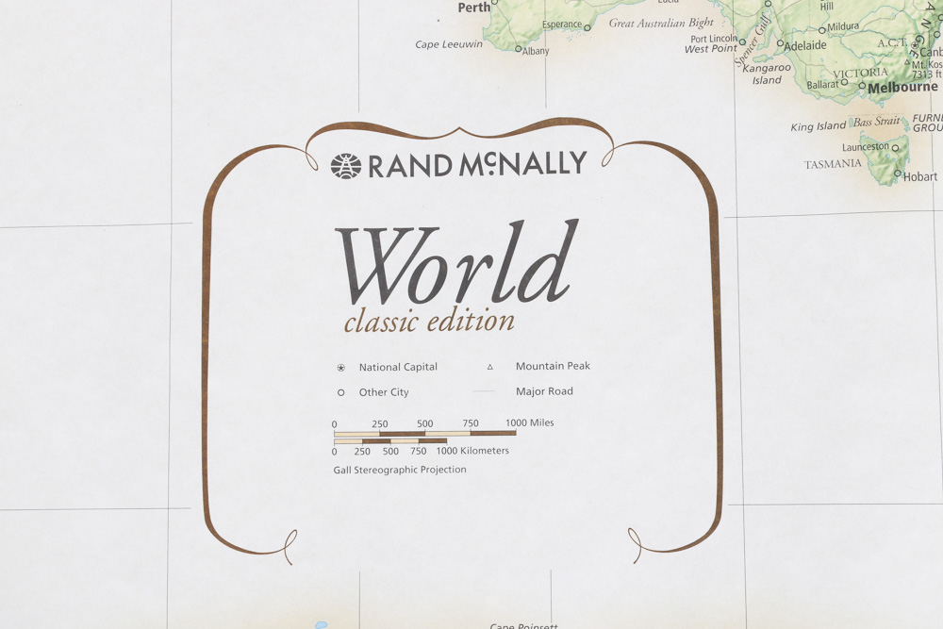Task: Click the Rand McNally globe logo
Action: (346, 166)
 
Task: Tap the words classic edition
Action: (429, 322)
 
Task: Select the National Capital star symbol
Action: (340, 368)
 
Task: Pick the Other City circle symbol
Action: (340, 392)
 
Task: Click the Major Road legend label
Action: (544, 391)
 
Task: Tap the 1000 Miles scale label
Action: (529, 423)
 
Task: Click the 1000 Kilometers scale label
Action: (471, 451)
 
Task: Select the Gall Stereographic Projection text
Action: (400, 470)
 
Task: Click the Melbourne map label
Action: (902, 88)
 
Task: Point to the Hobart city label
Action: (919, 176)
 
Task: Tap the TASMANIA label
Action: (833, 164)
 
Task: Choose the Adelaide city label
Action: (804, 45)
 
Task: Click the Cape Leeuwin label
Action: (449, 44)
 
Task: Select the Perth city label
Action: (474, 8)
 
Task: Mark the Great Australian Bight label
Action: (661, 24)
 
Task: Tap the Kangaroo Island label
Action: (767, 74)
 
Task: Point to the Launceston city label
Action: (865, 147)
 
